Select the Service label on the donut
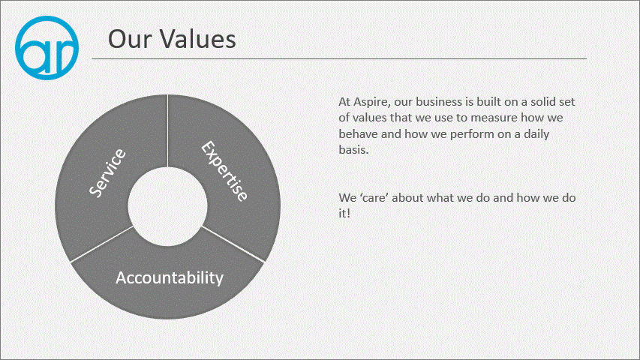[108, 173]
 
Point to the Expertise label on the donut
[224, 171]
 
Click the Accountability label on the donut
[170, 278]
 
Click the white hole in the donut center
[167, 206]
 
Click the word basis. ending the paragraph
[353, 150]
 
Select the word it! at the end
[344, 213]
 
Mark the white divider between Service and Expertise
[167, 130]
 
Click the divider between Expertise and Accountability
[233, 244]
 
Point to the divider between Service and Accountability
[101, 244]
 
